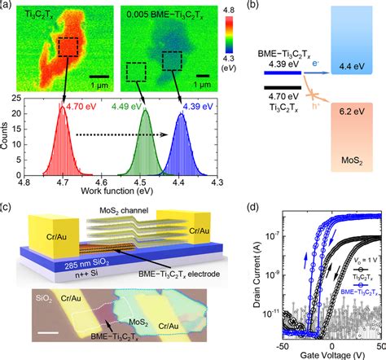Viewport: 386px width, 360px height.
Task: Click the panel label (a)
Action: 8,7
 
